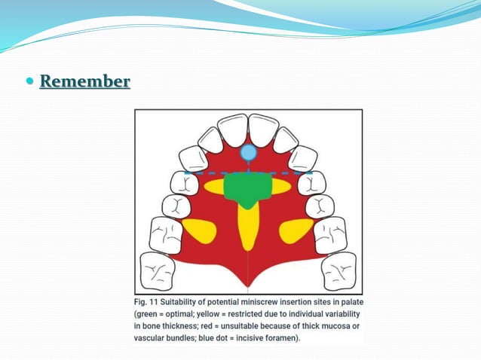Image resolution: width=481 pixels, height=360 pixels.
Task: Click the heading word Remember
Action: click(84, 81)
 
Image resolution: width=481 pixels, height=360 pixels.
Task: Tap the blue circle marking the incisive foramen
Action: click(249, 154)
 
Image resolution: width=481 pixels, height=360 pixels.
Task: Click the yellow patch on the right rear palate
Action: click(296, 229)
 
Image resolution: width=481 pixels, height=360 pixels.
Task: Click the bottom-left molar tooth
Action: click(158, 270)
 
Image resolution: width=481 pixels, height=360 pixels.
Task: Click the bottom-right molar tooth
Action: click(339, 270)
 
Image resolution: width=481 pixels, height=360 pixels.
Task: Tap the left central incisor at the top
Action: click(233, 129)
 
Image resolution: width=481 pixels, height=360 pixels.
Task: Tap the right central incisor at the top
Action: click(264, 129)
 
